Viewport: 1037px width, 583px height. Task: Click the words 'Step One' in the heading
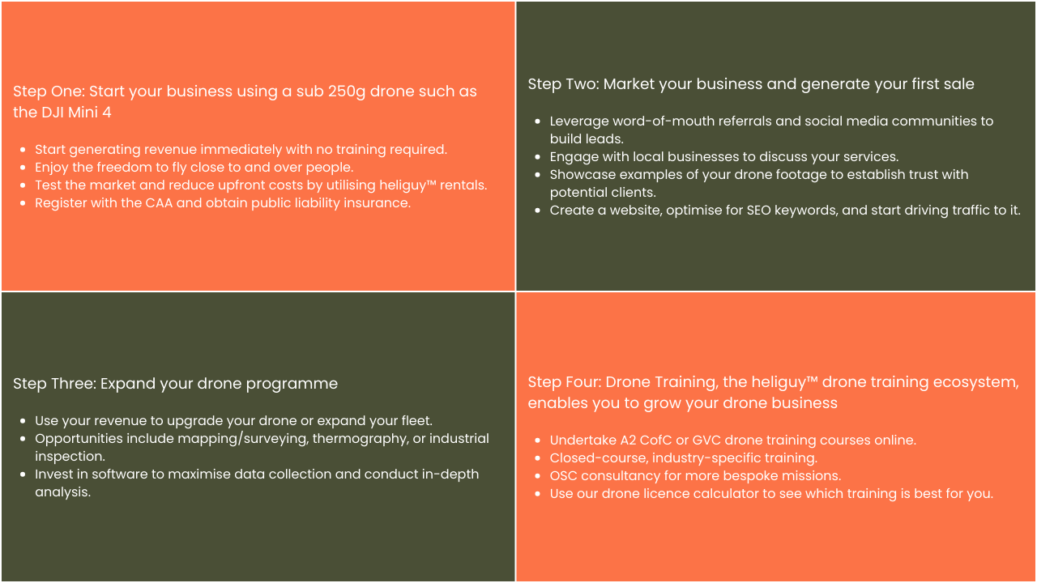point(49,91)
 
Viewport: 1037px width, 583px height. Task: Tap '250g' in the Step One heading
point(347,92)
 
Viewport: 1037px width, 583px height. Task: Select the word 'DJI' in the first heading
point(53,113)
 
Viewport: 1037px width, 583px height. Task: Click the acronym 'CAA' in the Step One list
point(159,203)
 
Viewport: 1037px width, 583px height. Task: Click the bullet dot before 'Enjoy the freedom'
point(23,168)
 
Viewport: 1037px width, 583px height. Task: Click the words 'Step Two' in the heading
point(563,84)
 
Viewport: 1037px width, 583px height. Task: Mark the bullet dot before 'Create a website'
point(537,211)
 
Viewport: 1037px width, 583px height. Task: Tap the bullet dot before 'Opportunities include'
point(23,439)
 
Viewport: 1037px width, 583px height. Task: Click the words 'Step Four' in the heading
point(565,382)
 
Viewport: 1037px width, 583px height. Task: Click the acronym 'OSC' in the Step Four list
point(563,476)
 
